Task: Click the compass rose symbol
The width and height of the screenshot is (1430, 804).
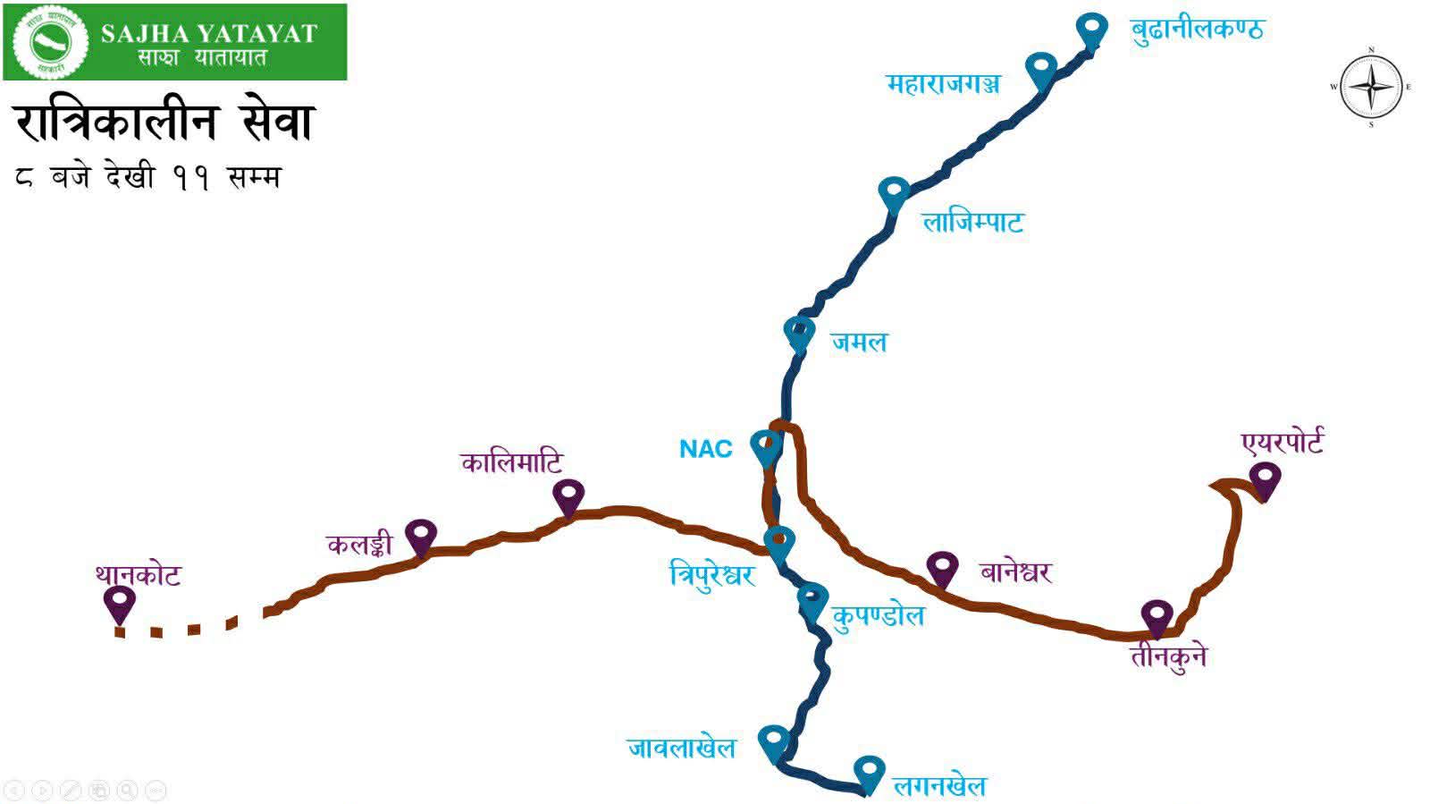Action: (x=1371, y=87)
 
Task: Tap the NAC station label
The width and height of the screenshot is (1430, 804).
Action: (x=706, y=448)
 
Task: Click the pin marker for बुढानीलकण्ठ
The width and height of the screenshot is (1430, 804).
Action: (x=1090, y=30)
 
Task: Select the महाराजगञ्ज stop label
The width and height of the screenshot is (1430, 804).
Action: (x=943, y=84)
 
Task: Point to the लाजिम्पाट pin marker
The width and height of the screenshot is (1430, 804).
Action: (x=894, y=192)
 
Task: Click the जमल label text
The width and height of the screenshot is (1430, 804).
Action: (x=859, y=342)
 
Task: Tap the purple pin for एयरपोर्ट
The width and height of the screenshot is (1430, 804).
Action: (x=1264, y=478)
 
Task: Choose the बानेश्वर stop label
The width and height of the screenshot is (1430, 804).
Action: (x=1015, y=571)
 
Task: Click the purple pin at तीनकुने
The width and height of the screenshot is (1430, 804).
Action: (x=1157, y=616)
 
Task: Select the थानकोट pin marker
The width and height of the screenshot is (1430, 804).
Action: (x=119, y=602)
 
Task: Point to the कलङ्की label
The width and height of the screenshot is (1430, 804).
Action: (x=359, y=544)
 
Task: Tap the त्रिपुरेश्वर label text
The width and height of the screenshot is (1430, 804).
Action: (x=712, y=573)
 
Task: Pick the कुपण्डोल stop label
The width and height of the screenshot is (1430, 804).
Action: (x=878, y=616)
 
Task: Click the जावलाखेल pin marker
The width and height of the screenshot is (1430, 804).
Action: (x=774, y=741)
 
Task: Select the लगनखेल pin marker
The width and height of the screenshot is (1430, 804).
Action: (x=869, y=771)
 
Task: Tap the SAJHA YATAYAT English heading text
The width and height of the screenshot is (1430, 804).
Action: (x=209, y=34)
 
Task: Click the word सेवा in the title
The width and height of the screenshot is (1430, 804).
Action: (x=277, y=123)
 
